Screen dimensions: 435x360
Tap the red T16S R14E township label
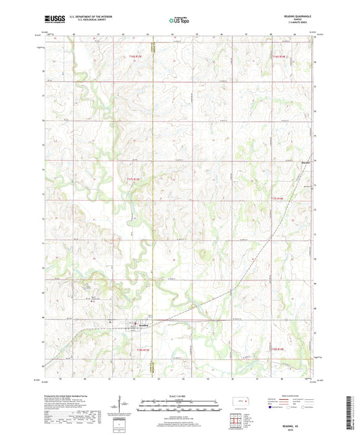click(x=280, y=57)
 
